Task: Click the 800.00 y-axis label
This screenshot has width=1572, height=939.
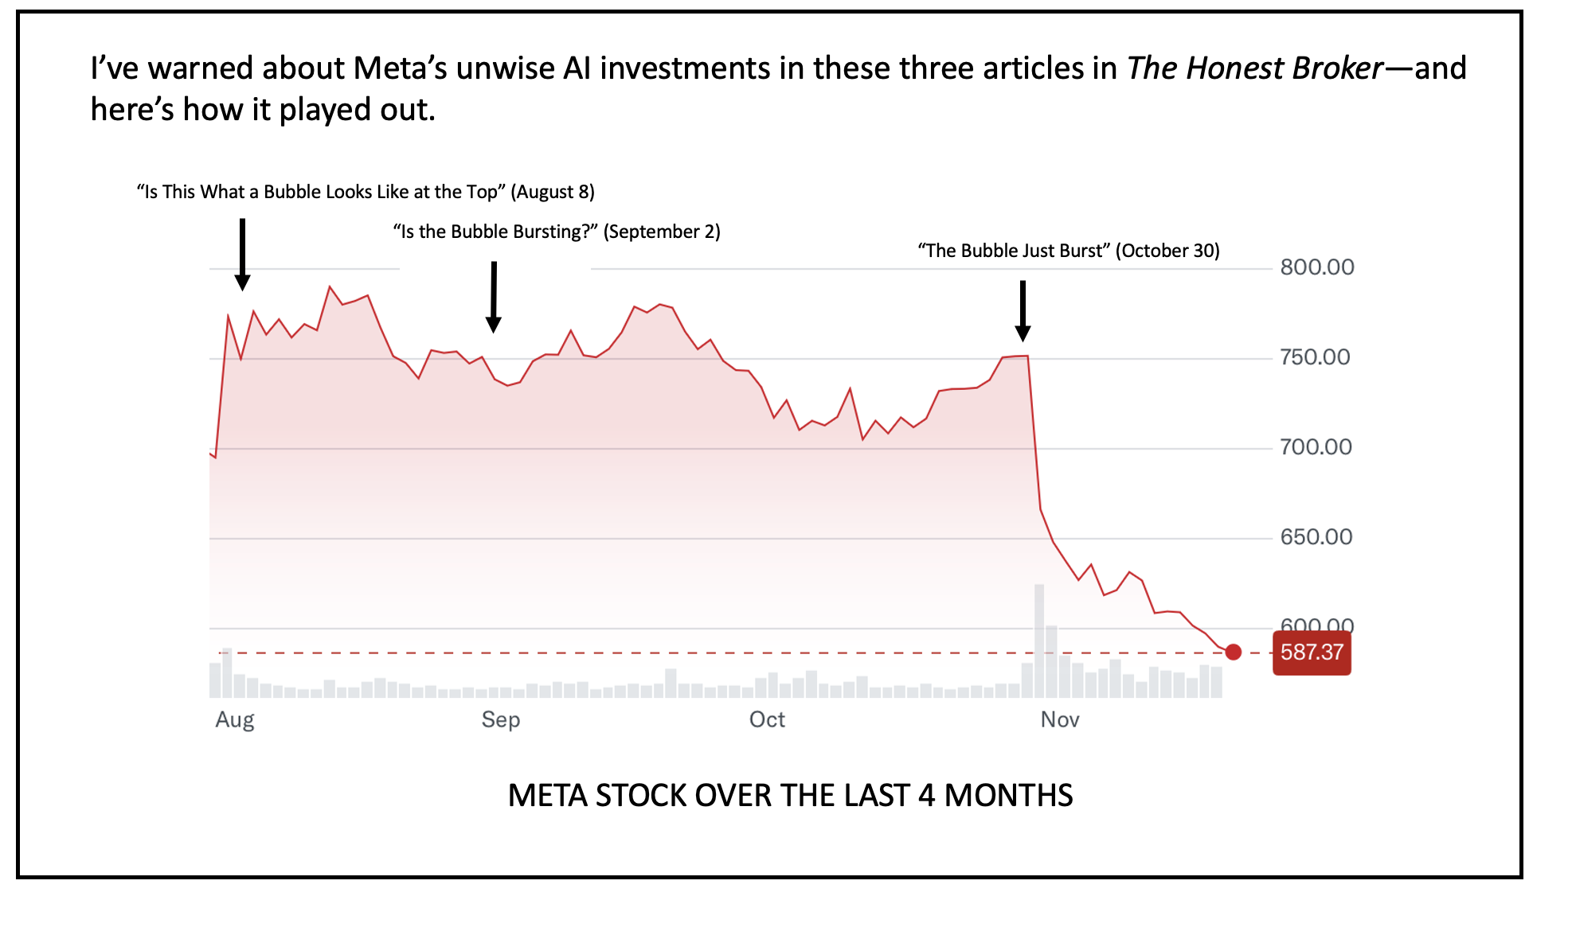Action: [1316, 267]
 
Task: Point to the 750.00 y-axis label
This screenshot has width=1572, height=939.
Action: [1315, 357]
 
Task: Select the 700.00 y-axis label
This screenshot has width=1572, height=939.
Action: [1316, 447]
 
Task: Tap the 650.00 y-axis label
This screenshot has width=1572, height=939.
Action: [1316, 537]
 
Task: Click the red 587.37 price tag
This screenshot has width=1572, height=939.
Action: [1312, 653]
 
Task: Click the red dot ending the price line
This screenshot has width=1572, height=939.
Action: [1234, 653]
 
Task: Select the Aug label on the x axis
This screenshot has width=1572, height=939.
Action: [235, 720]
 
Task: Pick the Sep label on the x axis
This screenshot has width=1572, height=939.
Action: [501, 720]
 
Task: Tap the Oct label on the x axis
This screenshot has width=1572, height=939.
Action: [767, 720]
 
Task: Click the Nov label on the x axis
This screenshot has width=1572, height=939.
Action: [1060, 720]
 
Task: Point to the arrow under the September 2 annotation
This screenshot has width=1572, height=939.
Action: [494, 297]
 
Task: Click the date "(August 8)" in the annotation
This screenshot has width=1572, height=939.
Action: [553, 192]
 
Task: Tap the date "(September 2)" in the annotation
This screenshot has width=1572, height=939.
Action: [662, 232]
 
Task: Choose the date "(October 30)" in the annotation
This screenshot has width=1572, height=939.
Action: [1167, 251]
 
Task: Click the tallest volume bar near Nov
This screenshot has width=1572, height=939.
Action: [1039, 641]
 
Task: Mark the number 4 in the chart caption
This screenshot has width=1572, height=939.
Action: [926, 796]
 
